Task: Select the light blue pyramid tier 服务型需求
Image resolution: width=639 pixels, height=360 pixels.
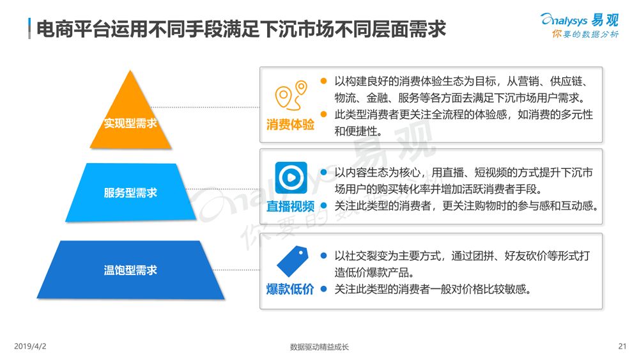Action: click(130, 192)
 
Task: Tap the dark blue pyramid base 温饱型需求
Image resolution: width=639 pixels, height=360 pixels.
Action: click(130, 270)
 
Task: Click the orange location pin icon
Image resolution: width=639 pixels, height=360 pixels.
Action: click(291, 96)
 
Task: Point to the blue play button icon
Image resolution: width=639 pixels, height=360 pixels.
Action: click(291, 178)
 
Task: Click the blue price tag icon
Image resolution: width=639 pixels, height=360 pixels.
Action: click(292, 262)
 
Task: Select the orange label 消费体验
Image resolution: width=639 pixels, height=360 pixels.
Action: click(290, 124)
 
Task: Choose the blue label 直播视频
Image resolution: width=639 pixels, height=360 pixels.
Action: click(290, 207)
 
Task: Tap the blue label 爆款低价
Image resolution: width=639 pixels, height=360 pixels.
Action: click(290, 289)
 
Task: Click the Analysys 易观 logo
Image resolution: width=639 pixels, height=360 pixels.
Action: click(580, 20)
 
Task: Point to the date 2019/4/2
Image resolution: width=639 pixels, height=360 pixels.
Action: click(30, 347)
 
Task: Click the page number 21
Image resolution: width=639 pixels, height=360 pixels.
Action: click(622, 347)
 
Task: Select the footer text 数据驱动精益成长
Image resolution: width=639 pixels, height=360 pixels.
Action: click(319, 347)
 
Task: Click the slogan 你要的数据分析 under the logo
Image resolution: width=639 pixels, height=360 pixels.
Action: click(585, 35)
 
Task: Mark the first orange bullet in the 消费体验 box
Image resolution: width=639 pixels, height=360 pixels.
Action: click(323, 81)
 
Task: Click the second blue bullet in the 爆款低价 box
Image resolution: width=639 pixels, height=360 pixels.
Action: click(323, 289)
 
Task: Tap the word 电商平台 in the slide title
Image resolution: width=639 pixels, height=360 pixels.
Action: click(65, 29)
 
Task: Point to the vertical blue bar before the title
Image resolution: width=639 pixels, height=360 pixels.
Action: click(29, 29)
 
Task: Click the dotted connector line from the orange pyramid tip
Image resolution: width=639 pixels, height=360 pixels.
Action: click(205, 107)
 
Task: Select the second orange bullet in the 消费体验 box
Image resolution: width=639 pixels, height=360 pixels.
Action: click(323, 114)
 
